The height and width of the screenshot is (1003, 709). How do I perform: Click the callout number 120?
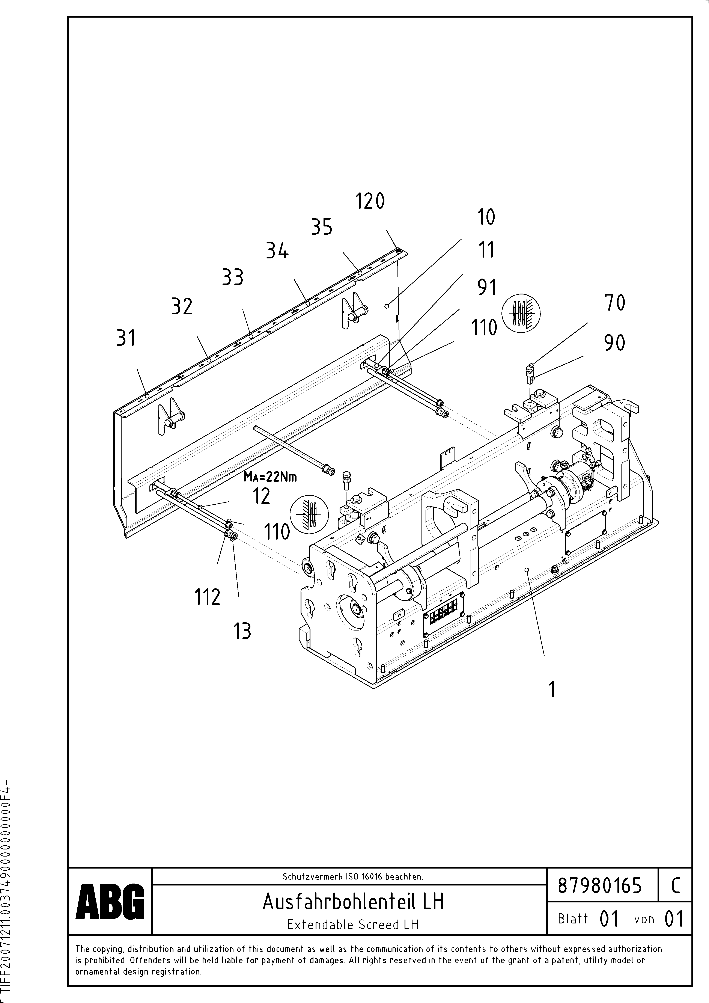(x=370, y=201)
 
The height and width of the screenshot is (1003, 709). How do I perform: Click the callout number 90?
(x=615, y=342)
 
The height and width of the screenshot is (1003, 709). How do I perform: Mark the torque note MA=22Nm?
(x=270, y=477)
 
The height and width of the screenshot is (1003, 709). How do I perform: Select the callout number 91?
(x=487, y=287)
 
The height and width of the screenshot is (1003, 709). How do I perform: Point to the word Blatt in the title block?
(x=573, y=919)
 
